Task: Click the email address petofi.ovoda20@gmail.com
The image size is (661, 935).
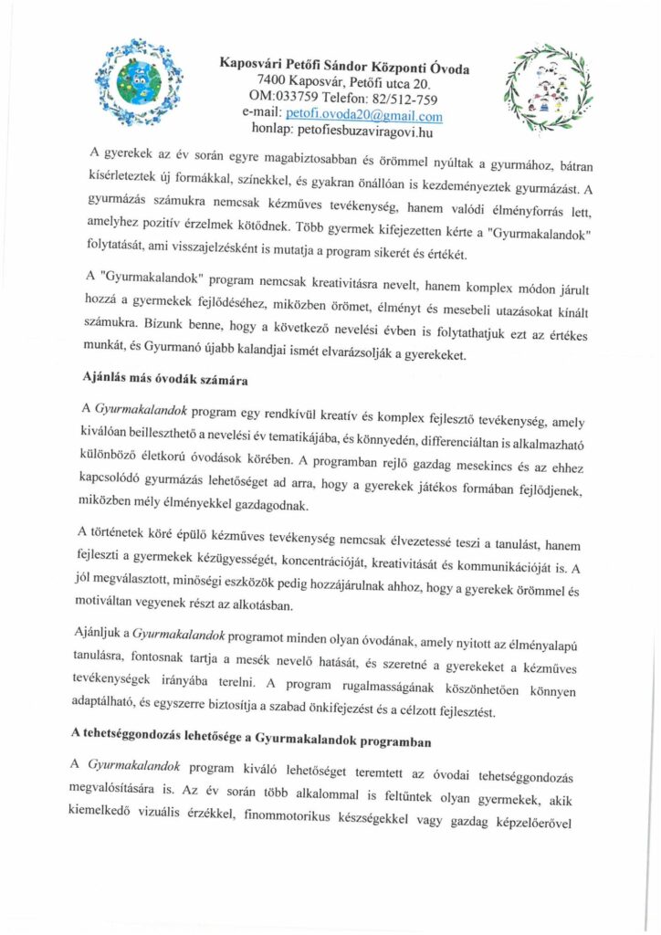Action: (x=363, y=117)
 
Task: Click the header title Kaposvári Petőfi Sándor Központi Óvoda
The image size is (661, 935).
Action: (x=351, y=64)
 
